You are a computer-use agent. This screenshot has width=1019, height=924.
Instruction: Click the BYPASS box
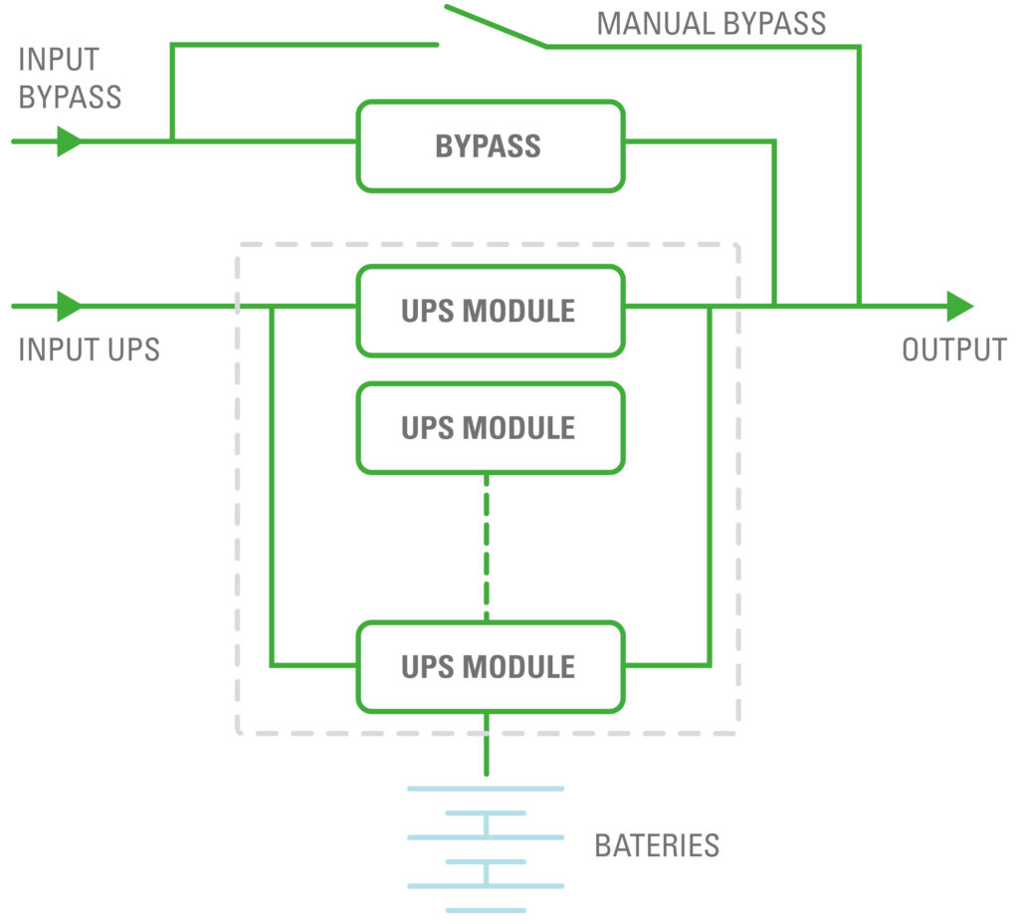[491, 145]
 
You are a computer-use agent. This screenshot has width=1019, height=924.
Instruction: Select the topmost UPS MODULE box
[491, 310]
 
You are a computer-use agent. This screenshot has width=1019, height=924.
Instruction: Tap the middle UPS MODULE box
[491, 427]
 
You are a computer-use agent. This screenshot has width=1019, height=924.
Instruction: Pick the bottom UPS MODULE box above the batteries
[491, 666]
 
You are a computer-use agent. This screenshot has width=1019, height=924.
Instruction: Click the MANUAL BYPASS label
[711, 23]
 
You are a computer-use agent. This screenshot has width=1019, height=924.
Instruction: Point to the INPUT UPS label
[89, 349]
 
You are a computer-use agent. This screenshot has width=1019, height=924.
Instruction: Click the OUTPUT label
[953, 349]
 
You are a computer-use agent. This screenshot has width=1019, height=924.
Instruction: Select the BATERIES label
[657, 846]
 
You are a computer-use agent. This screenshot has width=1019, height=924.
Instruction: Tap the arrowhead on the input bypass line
[69, 141]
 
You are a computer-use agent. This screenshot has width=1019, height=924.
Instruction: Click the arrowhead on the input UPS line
[69, 306]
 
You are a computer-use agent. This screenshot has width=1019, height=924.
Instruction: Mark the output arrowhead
[958, 306]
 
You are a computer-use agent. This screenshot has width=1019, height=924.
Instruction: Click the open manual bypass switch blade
[495, 26]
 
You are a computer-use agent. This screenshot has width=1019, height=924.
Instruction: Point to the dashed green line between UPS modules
[487, 547]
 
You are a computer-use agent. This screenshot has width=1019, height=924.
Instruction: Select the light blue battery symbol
[486, 848]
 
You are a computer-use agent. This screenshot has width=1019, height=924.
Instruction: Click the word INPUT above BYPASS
[58, 60]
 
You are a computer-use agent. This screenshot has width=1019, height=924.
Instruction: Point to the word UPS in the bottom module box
[425, 666]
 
